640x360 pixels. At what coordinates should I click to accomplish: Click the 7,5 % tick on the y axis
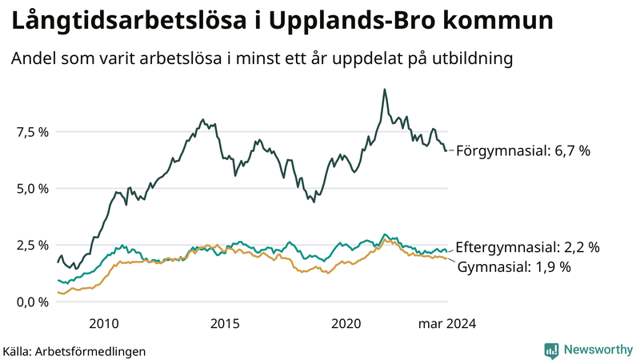click(x=30, y=132)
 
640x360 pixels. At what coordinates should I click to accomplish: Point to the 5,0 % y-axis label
click(x=30, y=189)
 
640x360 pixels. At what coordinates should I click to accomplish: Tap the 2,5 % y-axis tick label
click(x=30, y=245)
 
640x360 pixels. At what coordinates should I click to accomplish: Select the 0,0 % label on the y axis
click(x=30, y=302)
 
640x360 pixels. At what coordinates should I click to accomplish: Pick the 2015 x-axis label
click(x=225, y=323)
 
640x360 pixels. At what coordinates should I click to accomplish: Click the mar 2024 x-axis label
click(x=447, y=323)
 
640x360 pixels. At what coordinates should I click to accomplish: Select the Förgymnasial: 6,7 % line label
click(x=522, y=150)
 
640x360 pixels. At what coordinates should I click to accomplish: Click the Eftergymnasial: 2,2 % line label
click(x=527, y=247)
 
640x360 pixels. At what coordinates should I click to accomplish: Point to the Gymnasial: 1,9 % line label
click(x=514, y=267)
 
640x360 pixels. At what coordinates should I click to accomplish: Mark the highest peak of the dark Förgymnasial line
click(x=385, y=90)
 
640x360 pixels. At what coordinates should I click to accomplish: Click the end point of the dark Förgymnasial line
click(x=446, y=150)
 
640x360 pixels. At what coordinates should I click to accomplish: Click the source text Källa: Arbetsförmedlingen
click(x=74, y=350)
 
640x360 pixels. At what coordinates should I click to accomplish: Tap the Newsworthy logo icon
click(x=551, y=350)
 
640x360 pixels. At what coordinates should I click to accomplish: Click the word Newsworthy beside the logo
click(x=597, y=350)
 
